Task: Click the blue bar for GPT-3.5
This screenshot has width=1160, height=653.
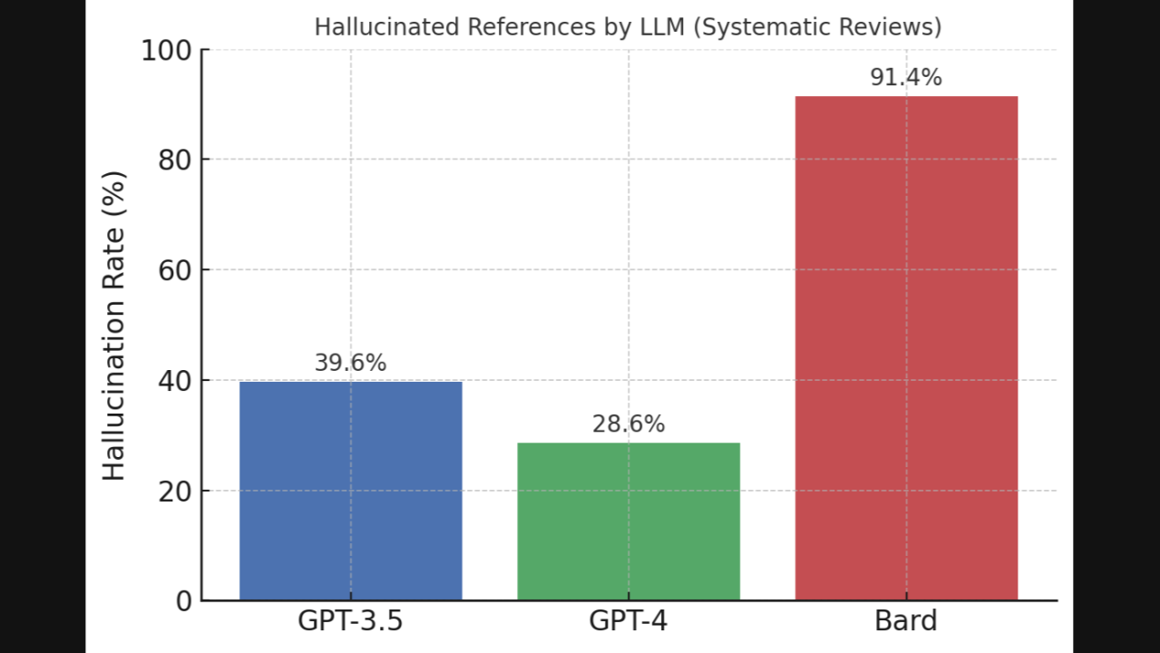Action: [350, 491]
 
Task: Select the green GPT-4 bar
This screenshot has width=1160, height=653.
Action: [629, 521]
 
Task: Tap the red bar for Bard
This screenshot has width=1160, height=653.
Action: [906, 348]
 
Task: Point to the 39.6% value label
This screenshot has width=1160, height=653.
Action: [350, 363]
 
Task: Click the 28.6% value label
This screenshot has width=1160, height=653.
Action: [629, 424]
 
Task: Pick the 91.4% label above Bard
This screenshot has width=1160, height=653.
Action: [906, 78]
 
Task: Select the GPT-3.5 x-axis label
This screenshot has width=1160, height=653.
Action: [350, 622]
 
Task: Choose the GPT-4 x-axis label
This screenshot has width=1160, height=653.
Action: [629, 622]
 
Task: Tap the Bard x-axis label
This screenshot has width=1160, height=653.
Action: [906, 622]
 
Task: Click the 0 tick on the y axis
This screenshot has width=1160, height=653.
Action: [183, 600]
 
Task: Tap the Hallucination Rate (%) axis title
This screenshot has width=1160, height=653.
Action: [113, 326]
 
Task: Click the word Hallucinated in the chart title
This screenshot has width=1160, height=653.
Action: [386, 27]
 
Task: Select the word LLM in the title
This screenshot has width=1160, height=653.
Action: [664, 27]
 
